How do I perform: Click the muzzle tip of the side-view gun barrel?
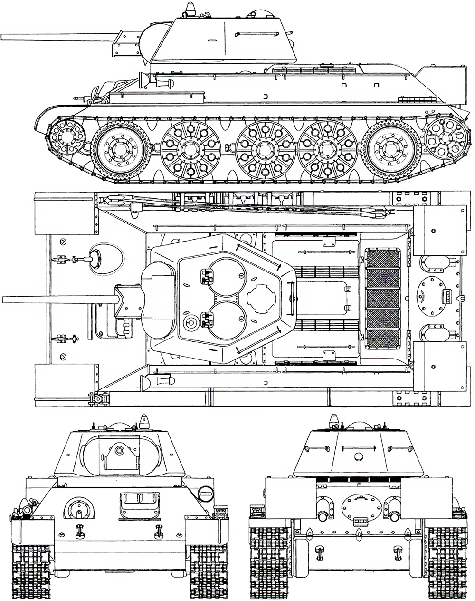2,37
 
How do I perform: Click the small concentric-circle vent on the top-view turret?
191,322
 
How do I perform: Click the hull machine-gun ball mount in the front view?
79,509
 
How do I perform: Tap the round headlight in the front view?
205,493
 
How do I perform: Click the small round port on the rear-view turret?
358,456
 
